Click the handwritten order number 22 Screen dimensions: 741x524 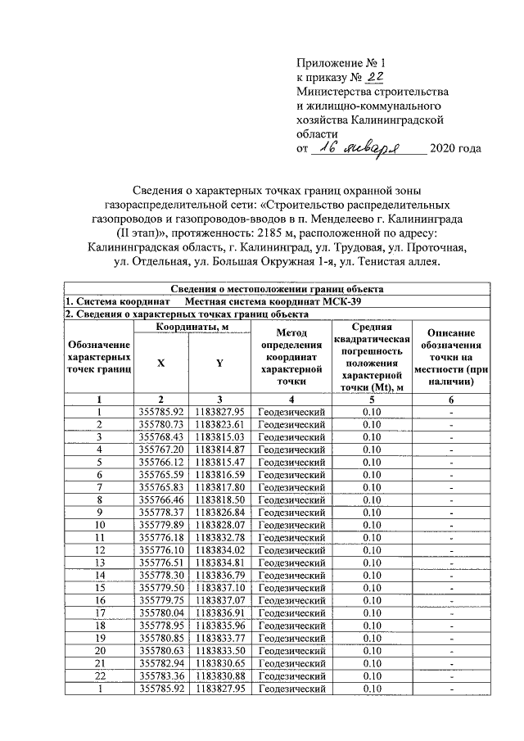pyautogui.click(x=374, y=77)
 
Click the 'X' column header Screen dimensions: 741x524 pyautogui.click(x=160, y=363)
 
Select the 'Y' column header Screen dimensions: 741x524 pyautogui.click(x=219, y=363)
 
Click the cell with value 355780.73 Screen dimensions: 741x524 pyautogui.click(x=161, y=424)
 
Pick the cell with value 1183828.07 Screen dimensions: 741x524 pyautogui.click(x=219, y=524)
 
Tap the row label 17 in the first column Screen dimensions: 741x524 pyautogui.click(x=99, y=612)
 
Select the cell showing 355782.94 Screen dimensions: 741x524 pyautogui.click(x=161, y=662)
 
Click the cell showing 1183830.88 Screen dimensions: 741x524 pyautogui.click(x=219, y=675)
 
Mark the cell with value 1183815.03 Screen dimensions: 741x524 pyautogui.click(x=219, y=436)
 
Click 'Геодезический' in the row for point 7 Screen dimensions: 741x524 pyautogui.click(x=291, y=486)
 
